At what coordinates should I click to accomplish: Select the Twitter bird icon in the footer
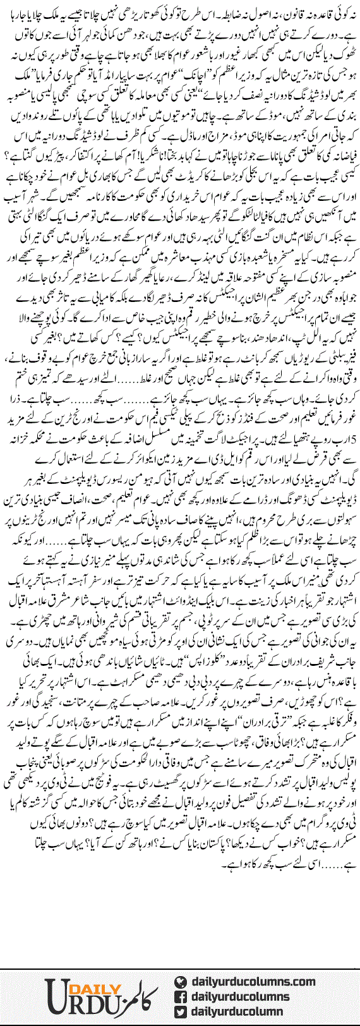pyautogui.click(x=181, y=1011)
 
